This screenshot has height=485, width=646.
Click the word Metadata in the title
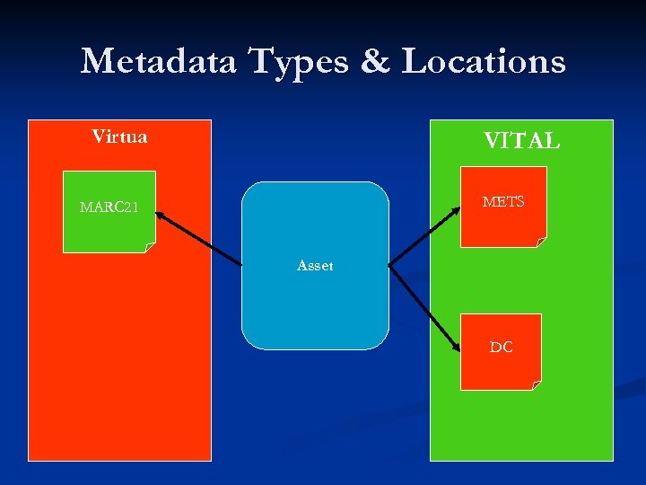pyautogui.click(x=158, y=61)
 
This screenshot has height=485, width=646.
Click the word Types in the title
pyautogui.click(x=290, y=61)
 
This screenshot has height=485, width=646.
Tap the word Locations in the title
pyautogui.click(x=484, y=61)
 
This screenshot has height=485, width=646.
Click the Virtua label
pyautogui.click(x=119, y=137)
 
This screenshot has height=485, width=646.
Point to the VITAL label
pyautogui.click(x=522, y=141)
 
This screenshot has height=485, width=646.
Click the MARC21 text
pyautogui.click(x=109, y=207)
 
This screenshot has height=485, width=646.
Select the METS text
pyautogui.click(x=502, y=202)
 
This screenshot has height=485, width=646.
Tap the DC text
pyautogui.click(x=502, y=347)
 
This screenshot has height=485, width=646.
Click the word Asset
pyautogui.click(x=315, y=266)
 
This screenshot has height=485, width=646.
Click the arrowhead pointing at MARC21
pyautogui.click(x=159, y=215)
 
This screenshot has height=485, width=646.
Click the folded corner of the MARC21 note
pyautogui.click(x=150, y=247)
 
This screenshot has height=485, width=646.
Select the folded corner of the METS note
pyautogui.click(x=541, y=241)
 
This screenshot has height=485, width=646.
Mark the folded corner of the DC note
pyautogui.click(x=537, y=385)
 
